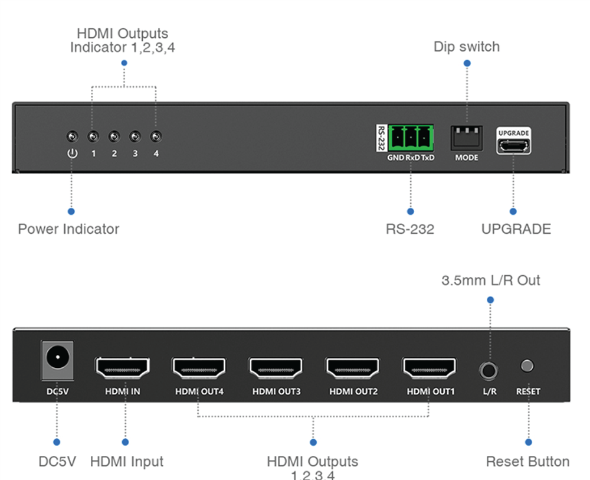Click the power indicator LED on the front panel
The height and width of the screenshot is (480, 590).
pos(71,137)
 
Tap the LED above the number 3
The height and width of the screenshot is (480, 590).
pos(135,137)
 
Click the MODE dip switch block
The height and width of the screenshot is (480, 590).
pos(466,138)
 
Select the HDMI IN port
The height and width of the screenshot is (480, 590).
pos(123,368)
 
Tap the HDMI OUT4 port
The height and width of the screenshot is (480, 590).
pos(199,368)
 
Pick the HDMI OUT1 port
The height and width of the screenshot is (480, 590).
pos(430,368)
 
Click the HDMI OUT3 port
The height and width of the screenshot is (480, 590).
pos(276,368)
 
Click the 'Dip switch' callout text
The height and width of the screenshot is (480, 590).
pos(466,47)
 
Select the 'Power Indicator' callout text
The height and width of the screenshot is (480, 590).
pos(68,229)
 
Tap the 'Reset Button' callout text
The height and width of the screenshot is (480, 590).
pos(527,462)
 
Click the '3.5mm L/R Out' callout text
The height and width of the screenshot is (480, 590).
pos(490,280)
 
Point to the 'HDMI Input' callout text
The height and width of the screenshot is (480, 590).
pos(126,462)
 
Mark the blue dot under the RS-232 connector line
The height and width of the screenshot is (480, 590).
pos(411,211)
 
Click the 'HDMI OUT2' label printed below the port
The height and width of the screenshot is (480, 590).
pos(353,391)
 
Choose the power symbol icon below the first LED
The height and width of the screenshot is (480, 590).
pos(71,154)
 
